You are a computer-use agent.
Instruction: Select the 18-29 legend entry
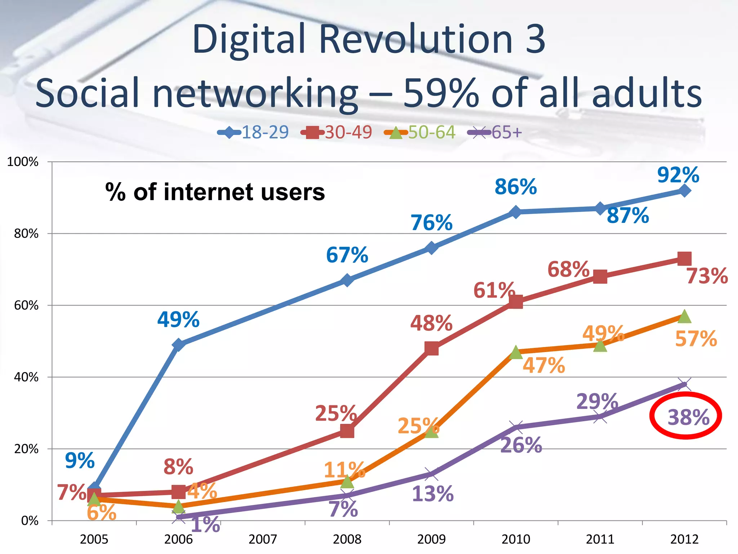tap(253, 132)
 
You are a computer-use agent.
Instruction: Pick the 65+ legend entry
tap(495, 132)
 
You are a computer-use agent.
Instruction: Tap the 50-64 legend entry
tap(420, 132)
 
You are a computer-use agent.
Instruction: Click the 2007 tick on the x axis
tap(263, 539)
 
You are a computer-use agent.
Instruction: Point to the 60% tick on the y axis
tap(26, 305)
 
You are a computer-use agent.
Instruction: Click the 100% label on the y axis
tap(23, 162)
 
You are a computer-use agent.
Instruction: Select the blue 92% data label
tap(678, 175)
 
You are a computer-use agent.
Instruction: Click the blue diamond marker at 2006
tap(179, 345)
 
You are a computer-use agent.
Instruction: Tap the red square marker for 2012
tap(684, 259)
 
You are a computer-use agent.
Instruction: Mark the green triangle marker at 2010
tap(516, 352)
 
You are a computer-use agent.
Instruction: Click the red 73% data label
tap(707, 276)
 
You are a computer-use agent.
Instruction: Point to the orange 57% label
tap(696, 339)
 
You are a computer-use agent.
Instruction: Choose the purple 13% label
tap(432, 494)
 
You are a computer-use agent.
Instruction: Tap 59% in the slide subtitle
tap(441, 93)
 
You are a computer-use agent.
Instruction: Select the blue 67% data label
tap(347, 255)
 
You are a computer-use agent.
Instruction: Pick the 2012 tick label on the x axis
tap(684, 539)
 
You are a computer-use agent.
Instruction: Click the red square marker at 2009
tap(431, 348)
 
